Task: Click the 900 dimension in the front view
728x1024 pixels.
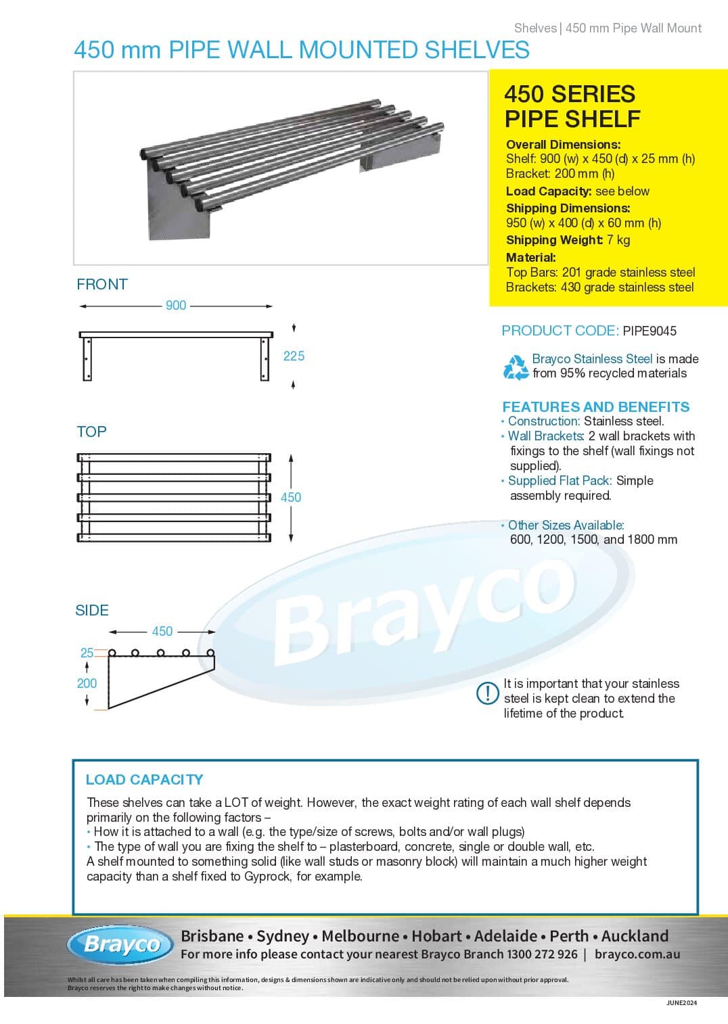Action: (176, 306)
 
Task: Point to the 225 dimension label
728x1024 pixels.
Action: (294, 356)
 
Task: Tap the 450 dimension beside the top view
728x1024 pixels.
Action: (291, 497)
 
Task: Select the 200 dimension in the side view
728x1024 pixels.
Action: (87, 683)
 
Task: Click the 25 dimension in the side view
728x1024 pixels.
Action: (87, 653)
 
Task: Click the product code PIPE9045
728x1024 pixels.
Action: (650, 331)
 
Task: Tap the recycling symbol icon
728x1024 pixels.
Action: (516, 367)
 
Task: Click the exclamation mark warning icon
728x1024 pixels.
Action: (487, 693)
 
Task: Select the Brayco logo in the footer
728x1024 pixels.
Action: (122, 944)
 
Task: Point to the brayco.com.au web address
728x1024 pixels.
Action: (637, 954)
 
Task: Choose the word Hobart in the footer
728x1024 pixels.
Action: (437, 936)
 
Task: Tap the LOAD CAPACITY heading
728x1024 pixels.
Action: (144, 779)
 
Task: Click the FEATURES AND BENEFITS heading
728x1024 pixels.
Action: (595, 406)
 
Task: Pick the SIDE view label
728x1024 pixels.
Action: (92, 610)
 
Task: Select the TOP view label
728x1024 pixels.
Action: (91, 432)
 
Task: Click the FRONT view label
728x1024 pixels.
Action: (102, 284)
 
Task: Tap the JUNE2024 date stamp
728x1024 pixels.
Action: (681, 1003)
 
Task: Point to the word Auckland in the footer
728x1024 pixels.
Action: (635, 936)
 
